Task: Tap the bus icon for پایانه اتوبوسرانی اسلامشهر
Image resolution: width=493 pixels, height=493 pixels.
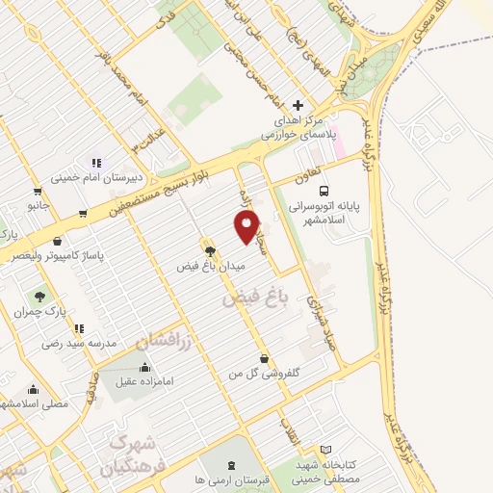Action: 324,190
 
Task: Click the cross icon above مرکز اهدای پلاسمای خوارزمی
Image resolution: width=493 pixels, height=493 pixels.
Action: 298,105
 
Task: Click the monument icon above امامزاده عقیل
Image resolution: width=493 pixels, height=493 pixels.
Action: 144,367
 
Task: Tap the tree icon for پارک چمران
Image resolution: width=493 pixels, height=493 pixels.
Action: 40,297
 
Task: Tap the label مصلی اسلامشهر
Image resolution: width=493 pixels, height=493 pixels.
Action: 35,404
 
